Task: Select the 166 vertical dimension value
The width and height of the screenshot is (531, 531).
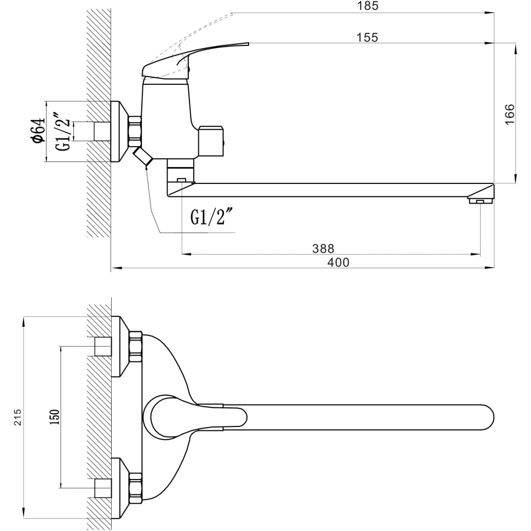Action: click(x=510, y=115)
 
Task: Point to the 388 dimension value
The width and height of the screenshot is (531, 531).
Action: click(x=323, y=248)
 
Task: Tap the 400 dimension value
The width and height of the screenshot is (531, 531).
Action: click(x=338, y=262)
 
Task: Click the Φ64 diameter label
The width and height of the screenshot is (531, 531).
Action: click(x=38, y=131)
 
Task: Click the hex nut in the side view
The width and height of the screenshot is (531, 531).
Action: click(x=135, y=132)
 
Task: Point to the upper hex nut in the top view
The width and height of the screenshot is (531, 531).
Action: click(x=135, y=347)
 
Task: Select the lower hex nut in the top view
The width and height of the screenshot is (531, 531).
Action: click(x=135, y=488)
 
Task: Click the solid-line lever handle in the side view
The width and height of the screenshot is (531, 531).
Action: click(x=181, y=62)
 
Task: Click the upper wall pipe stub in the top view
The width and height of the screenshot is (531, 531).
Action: click(x=102, y=347)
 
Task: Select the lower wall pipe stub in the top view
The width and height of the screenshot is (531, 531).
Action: click(x=102, y=488)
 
